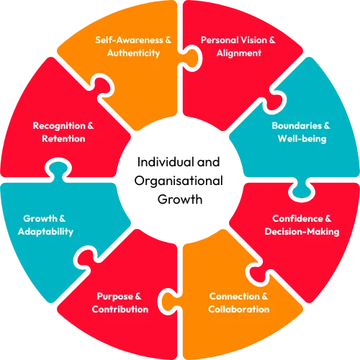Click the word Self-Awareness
click(129, 40)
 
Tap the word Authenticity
click(133, 53)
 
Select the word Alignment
click(239, 53)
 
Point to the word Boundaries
click(297, 125)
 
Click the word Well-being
click(302, 139)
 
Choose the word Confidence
click(297, 219)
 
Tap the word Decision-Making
click(302, 232)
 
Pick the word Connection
click(235, 297)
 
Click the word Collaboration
click(239, 310)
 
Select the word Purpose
click(114, 297)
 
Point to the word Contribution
click(120, 310)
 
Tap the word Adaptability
click(45, 232)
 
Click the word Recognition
click(59, 126)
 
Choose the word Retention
click(63, 139)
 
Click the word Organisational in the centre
click(179, 181)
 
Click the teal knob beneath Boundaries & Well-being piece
click(302, 189)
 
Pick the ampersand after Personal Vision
click(272, 40)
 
